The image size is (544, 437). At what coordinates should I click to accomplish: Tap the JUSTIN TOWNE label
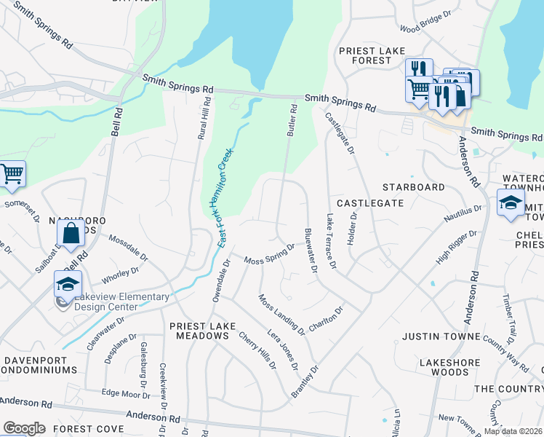pyautogui.click(x=441, y=336)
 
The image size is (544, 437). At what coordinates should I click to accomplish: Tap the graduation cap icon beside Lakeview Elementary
pyautogui.click(x=68, y=285)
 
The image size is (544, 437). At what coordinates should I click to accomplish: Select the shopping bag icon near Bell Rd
pyautogui.click(x=71, y=233)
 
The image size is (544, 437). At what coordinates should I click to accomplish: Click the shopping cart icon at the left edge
pyautogui.click(x=11, y=175)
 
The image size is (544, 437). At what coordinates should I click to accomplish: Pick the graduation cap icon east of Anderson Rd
pyautogui.click(x=511, y=202)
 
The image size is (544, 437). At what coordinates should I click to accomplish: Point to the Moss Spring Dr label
pyautogui.click(x=268, y=255)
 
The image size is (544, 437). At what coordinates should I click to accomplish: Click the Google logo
pyautogui.click(x=25, y=428)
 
